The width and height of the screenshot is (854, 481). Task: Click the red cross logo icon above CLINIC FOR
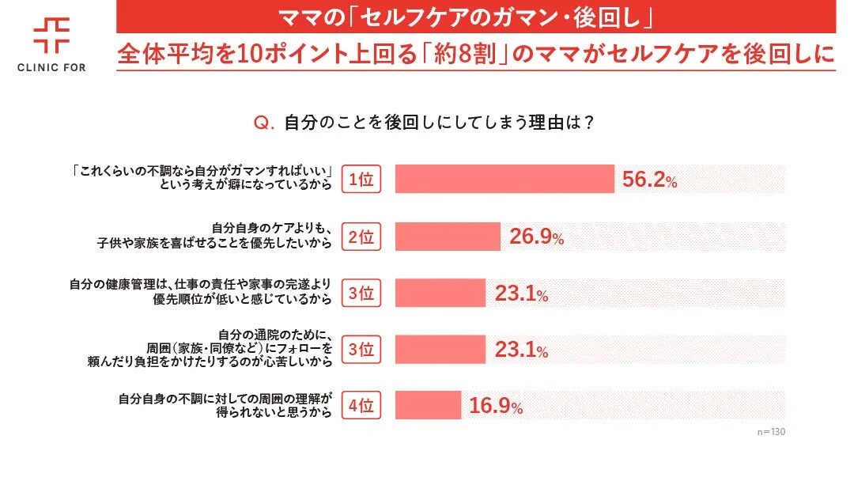[51, 35]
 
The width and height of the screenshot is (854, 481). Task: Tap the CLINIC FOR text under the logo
[51, 67]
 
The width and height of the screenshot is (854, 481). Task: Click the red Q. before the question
[263, 123]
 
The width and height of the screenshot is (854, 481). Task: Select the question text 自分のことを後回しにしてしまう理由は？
[439, 123]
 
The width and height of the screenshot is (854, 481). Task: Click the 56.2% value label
[649, 180]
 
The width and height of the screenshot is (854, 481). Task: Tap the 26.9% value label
[536, 237]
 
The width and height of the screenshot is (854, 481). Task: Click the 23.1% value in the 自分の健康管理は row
[521, 294]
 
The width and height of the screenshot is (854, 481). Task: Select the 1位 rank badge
[361, 180]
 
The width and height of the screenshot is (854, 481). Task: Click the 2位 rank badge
[361, 237]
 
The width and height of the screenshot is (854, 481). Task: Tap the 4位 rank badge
[361, 407]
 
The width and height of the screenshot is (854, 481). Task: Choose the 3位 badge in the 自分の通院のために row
[361, 350]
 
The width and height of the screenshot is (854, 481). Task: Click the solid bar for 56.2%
[504, 180]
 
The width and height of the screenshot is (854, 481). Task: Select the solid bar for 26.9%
[447, 237]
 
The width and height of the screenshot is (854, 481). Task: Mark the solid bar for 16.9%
[427, 407]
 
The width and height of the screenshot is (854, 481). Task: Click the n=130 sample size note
[771, 433]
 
